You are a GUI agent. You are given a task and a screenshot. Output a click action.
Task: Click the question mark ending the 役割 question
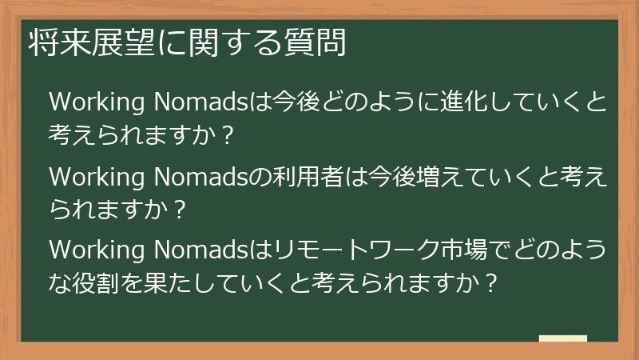coord(493,283)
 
